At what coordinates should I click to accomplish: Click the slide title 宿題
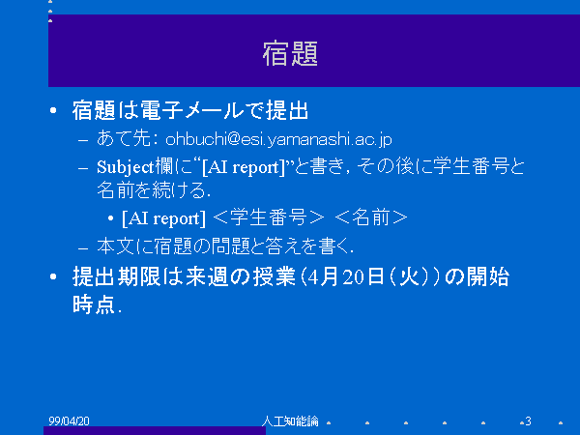(x=290, y=53)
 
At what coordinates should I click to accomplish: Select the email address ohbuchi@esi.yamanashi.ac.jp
(x=278, y=139)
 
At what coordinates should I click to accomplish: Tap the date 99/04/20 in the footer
(x=69, y=420)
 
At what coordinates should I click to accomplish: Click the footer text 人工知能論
(x=290, y=420)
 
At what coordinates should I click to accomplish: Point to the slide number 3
(x=528, y=420)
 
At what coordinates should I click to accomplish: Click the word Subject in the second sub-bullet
(x=125, y=167)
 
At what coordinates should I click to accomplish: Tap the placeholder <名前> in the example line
(x=371, y=217)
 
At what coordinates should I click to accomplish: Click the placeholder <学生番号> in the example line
(x=269, y=217)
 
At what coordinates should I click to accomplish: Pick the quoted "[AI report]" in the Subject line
(x=245, y=167)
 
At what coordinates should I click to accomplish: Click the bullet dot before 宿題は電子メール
(x=53, y=110)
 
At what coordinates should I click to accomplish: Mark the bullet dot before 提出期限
(x=53, y=276)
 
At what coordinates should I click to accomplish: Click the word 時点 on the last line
(x=94, y=304)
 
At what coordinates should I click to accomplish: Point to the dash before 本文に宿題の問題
(x=83, y=247)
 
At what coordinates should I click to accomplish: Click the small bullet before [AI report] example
(x=110, y=218)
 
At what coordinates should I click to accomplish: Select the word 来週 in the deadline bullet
(x=207, y=276)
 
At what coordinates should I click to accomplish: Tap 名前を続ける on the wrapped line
(x=152, y=190)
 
